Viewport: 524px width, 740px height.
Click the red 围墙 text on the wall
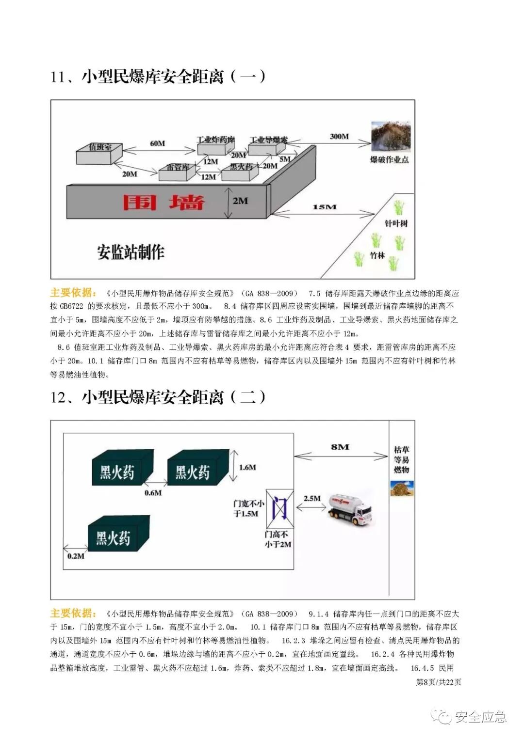pos(164,202)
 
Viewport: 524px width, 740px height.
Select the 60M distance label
pos(157,143)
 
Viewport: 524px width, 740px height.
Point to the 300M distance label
pos(339,137)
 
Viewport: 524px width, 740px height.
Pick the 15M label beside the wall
pos(324,207)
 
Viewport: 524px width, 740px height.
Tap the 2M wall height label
pos(240,201)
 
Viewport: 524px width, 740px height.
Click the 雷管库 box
pos(178,171)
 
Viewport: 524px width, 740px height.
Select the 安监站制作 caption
pos(131,252)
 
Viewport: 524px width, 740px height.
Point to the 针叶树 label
pos(396,223)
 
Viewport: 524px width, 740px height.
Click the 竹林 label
pos(377,255)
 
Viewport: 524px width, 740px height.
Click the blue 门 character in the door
pos(279,507)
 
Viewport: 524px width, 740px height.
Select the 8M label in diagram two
pos(340,447)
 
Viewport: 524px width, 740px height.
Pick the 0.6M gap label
pos(153,493)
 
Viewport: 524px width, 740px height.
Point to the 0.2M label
pos(76,556)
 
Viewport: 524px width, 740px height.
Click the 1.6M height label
pos(247,467)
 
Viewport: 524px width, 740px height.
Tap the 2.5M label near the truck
pos(312,498)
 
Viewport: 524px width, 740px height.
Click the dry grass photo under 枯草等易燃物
pos(402,488)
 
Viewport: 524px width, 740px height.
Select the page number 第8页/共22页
pos(439,682)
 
